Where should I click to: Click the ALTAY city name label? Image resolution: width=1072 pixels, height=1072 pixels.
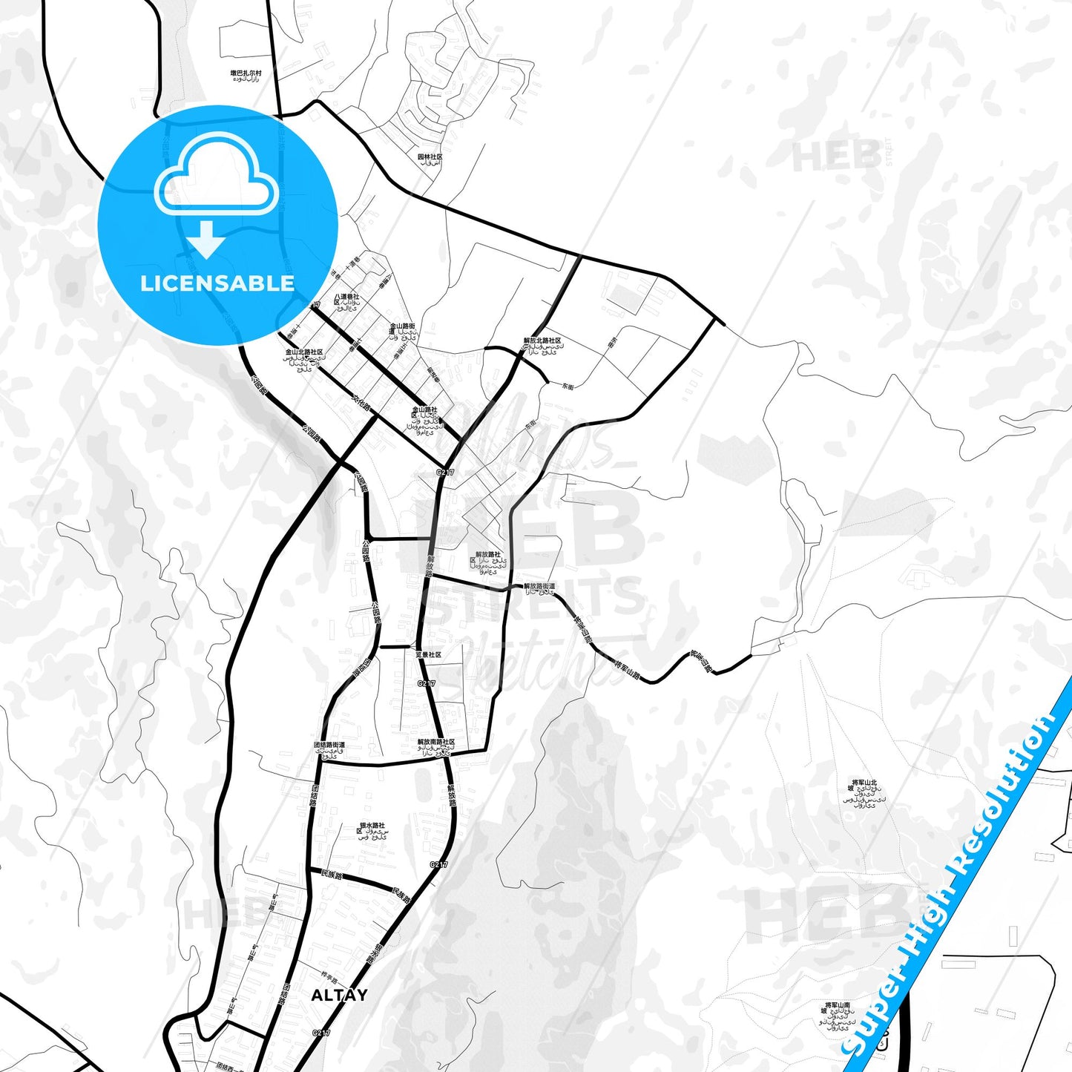click(x=339, y=996)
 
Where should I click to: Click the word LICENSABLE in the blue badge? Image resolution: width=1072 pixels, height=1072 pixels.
click(x=217, y=283)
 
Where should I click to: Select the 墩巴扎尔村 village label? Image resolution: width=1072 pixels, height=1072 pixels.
click(x=246, y=74)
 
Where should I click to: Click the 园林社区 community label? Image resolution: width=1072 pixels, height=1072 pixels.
click(x=430, y=157)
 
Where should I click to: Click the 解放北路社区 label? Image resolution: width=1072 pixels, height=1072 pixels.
click(x=542, y=341)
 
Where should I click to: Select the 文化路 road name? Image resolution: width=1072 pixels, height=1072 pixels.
click(x=361, y=404)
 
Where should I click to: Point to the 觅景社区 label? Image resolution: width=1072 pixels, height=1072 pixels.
click(x=428, y=655)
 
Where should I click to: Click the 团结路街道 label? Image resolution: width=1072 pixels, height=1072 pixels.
click(x=329, y=744)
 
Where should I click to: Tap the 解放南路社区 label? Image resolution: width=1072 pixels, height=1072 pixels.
click(x=436, y=742)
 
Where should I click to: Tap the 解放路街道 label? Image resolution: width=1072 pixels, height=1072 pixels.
click(x=539, y=586)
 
